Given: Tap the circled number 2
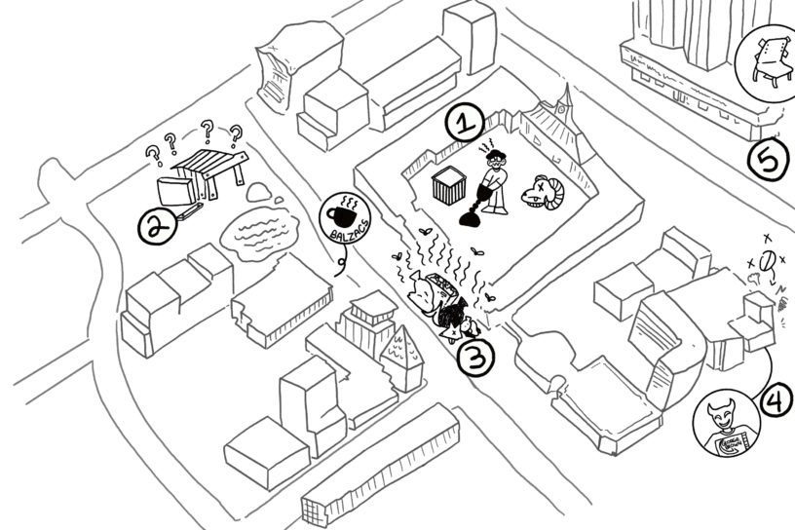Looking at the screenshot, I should [155, 227].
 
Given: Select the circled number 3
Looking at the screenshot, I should [476, 358].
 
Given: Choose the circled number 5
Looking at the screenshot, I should [769, 162].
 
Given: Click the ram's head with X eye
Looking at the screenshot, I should [539, 192].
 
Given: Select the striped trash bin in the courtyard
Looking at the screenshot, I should [449, 185].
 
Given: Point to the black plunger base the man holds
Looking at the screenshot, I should [470, 218].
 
